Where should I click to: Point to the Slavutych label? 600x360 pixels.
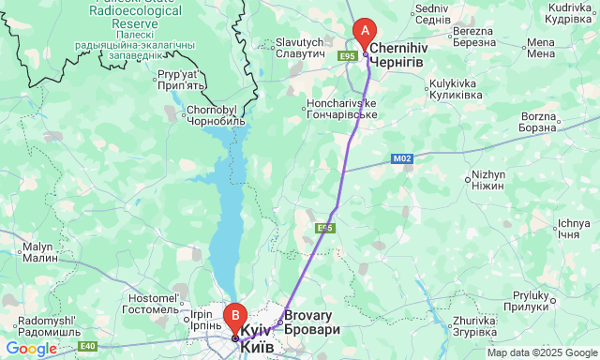pos(299,49)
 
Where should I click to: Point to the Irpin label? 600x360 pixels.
pos(202,319)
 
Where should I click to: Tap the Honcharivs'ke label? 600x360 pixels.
pos(341,109)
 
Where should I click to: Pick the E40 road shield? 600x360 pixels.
pos(87,346)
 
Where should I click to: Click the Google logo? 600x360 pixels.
pos(31,349)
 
